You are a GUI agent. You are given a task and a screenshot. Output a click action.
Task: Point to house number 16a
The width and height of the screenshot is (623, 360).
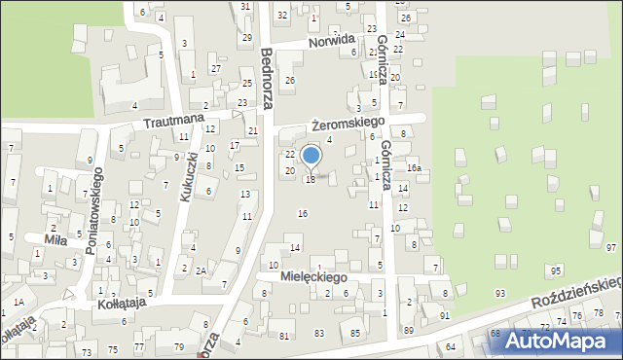click(x=414, y=168)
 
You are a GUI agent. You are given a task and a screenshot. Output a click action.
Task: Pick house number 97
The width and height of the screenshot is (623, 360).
click(x=610, y=248)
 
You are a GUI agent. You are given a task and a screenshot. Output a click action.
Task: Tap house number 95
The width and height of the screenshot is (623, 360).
click(x=555, y=270)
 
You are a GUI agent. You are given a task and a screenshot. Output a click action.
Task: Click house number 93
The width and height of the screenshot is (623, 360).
click(x=499, y=293)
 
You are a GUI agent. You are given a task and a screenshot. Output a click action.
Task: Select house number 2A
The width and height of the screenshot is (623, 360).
click(x=201, y=270)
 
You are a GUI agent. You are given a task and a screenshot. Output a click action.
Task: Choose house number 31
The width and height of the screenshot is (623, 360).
click(x=246, y=7)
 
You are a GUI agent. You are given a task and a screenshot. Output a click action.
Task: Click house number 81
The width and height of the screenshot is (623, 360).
click(x=284, y=336)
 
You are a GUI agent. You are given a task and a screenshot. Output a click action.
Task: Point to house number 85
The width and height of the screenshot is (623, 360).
click(x=354, y=334)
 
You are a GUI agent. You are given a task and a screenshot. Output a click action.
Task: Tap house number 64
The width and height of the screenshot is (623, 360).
click(x=451, y=346)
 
